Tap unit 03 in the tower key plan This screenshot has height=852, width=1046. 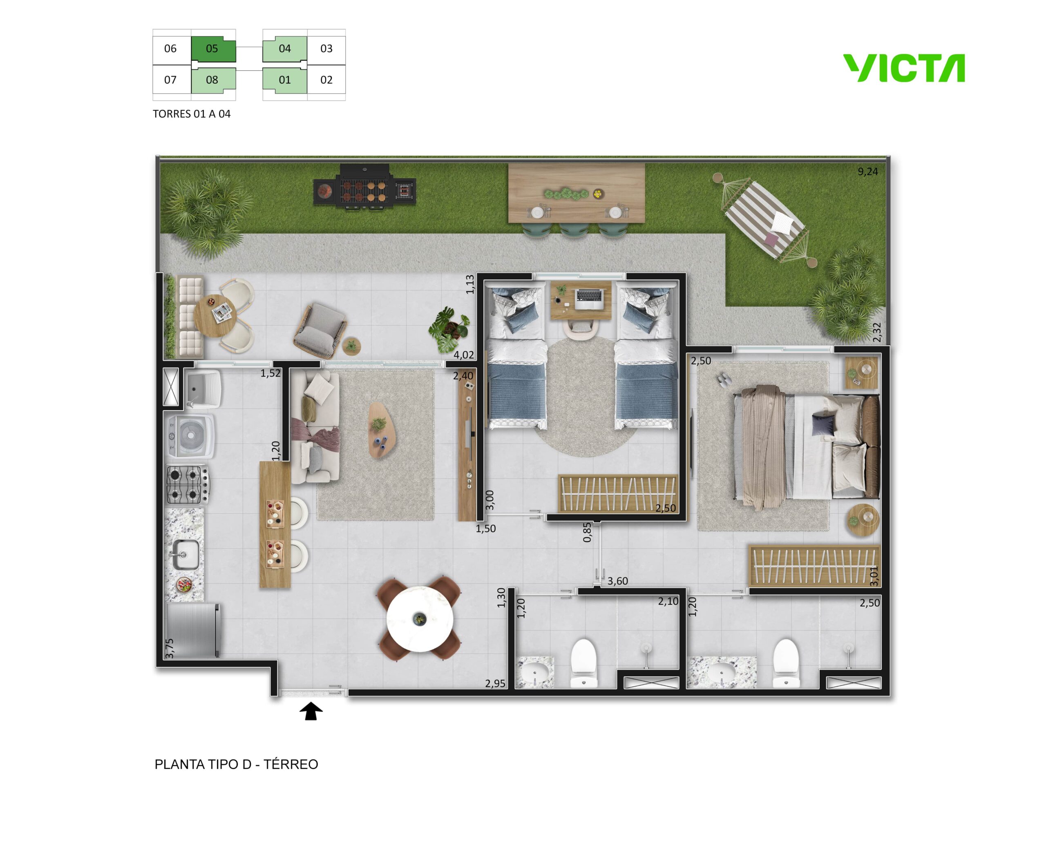(x=326, y=49)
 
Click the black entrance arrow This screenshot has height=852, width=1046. (x=311, y=711)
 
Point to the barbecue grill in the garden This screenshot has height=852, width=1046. (x=365, y=187)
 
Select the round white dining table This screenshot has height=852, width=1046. (x=420, y=619)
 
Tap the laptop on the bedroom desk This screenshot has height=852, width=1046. (x=589, y=299)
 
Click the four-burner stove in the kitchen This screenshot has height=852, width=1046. (x=188, y=484)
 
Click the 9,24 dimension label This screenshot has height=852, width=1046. (x=868, y=172)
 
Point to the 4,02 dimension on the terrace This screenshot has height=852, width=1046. (x=464, y=355)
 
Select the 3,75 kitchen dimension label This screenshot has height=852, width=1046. (x=169, y=648)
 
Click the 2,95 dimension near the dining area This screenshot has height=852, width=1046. (x=495, y=684)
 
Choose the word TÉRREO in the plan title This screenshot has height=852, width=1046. (x=291, y=764)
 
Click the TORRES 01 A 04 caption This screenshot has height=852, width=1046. (x=192, y=114)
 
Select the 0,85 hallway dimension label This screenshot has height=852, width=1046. (x=587, y=533)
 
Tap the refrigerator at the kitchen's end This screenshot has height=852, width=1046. (x=193, y=631)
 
